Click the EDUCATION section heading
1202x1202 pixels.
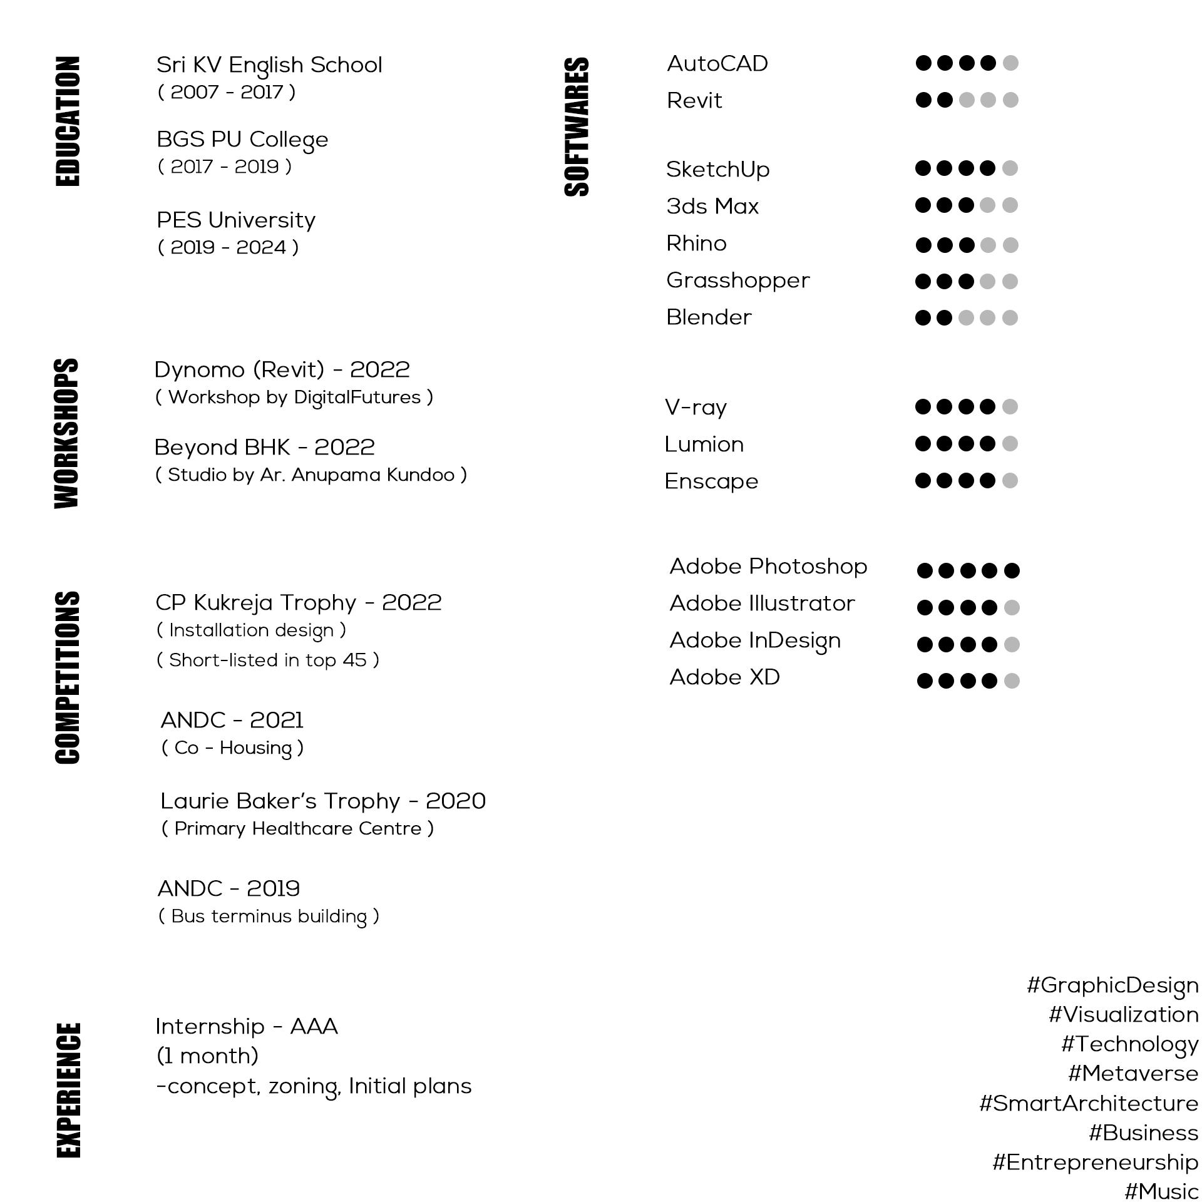coord(68,121)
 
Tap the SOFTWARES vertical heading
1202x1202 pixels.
coord(577,127)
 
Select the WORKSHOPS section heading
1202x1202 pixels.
coord(67,433)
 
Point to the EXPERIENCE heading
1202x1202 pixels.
coord(69,1090)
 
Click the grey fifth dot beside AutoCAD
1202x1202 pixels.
coord(1010,63)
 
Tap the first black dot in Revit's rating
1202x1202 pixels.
coord(923,100)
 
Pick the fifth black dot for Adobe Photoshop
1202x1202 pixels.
coord(1012,570)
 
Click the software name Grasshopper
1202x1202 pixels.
coord(737,280)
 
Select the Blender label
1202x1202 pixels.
coord(709,317)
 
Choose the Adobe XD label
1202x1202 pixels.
coord(724,677)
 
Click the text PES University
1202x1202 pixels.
coord(236,220)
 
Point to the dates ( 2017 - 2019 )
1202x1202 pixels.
coord(225,167)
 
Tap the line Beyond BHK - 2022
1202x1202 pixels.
coord(264,448)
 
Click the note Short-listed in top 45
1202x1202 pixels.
coord(268,660)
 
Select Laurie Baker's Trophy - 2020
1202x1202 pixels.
coord(323,801)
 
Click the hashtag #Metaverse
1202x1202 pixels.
coord(1133,1073)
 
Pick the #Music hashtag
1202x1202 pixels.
coord(1161,1191)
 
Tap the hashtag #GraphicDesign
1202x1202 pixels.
coord(1112,985)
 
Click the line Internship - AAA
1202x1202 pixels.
coord(247,1027)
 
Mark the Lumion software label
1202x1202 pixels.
coord(704,444)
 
